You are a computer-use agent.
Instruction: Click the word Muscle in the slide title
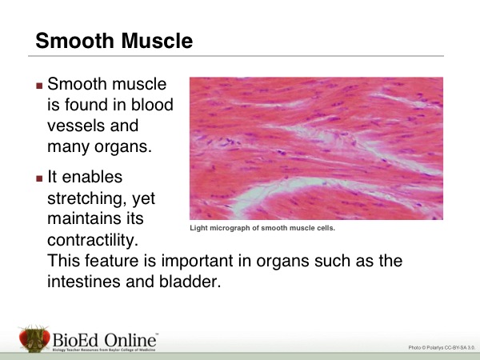tap(158, 41)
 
